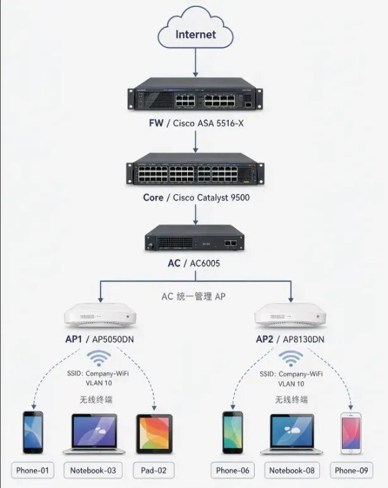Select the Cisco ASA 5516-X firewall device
(195, 94)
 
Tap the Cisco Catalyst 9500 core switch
(195, 169)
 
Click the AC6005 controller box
(195, 238)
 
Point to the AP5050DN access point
(100, 315)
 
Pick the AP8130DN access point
(290, 315)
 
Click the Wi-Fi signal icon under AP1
(99, 358)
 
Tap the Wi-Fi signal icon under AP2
(291, 358)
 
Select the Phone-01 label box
(33, 470)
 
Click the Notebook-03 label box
(93, 470)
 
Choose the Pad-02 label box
(154, 470)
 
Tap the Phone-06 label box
(233, 470)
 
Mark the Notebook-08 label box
(292, 470)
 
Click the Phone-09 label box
(351, 470)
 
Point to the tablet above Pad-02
(154, 434)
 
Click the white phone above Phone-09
(351, 433)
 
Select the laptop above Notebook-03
(94, 434)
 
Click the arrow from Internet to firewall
(195, 62)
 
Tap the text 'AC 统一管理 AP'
(193, 296)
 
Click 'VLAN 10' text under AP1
(99, 383)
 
